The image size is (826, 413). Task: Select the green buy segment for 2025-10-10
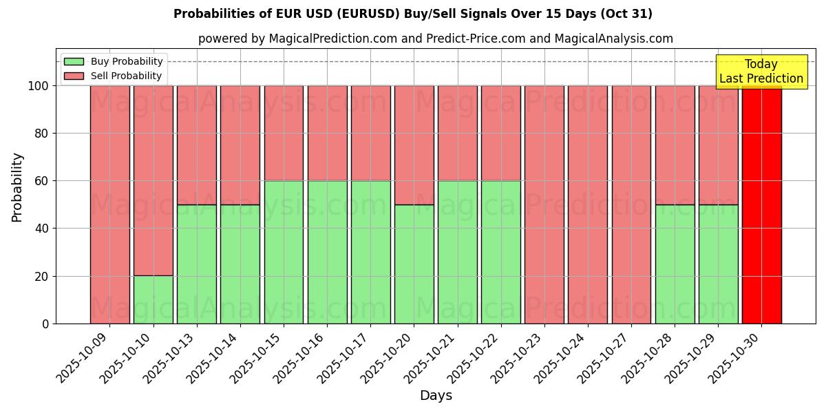coord(153,299)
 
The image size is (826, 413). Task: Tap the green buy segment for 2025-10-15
coord(284,252)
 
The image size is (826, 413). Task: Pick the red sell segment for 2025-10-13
coord(197,145)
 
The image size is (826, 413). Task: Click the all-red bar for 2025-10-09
coord(109,204)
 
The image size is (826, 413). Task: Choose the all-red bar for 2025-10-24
coord(588,204)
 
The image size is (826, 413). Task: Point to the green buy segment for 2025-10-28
coord(675,264)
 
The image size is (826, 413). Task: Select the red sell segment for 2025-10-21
coord(457,133)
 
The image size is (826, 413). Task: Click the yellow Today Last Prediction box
coord(761,72)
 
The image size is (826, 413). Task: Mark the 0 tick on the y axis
coord(45,324)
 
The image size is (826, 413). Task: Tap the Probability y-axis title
coord(17,187)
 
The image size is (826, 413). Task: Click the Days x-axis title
coord(436,396)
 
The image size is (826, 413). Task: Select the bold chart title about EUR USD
coord(413,14)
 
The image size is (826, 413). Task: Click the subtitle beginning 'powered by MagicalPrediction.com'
coord(436,39)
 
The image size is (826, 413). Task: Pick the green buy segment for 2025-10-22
coord(501,252)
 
